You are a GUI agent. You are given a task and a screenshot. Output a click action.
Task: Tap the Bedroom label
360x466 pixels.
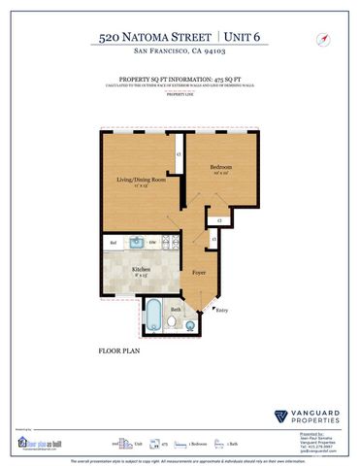click(219, 168)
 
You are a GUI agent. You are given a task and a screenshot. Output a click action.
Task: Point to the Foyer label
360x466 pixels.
click(199, 273)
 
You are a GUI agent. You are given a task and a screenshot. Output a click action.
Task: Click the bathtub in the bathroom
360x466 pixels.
click(152, 314)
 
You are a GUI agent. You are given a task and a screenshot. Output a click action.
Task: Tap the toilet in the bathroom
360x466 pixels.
click(171, 321)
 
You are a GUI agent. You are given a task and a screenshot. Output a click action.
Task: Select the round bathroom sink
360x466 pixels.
click(188, 320)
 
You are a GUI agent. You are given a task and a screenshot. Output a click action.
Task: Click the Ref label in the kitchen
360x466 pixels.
click(114, 242)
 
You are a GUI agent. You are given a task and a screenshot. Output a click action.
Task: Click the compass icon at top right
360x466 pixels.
click(319, 39)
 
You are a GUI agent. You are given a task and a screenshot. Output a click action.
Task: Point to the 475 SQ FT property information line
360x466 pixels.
click(180, 82)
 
